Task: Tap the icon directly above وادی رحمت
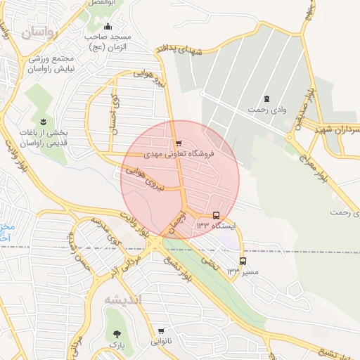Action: pos(266,99)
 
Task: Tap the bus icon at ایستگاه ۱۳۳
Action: pos(216,216)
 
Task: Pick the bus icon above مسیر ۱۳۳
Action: pos(243,261)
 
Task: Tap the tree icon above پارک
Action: pos(116,333)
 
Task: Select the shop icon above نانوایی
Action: pos(161,330)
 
